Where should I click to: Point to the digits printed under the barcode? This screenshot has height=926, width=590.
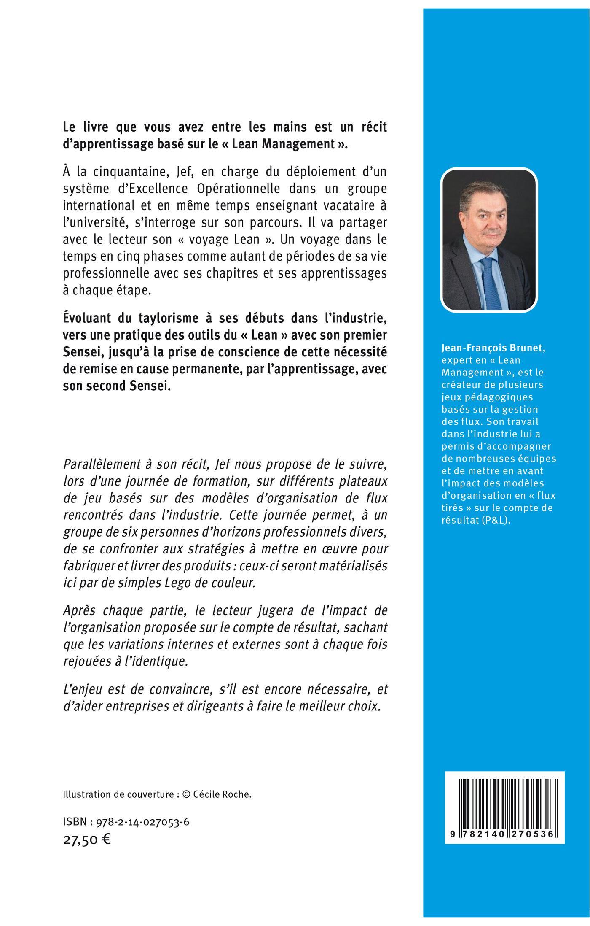[504, 834]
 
